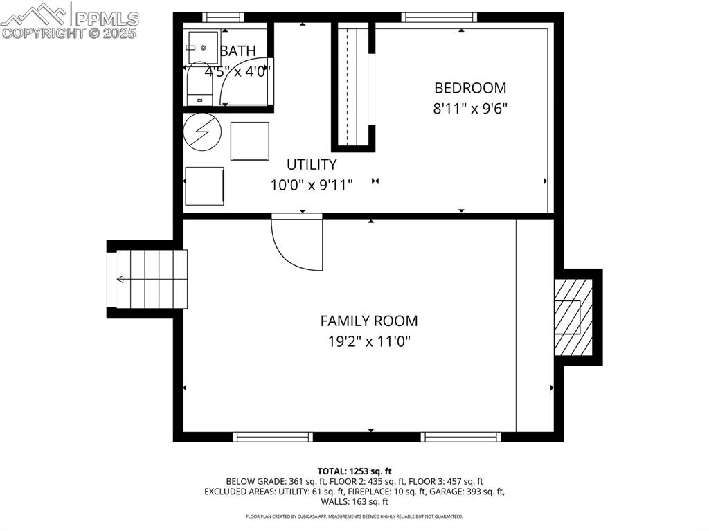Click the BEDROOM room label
[x=470, y=88]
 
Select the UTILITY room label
[x=312, y=165]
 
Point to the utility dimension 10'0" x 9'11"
[x=312, y=185]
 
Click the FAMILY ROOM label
[x=368, y=321]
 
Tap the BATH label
[x=238, y=51]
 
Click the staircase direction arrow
[x=122, y=279]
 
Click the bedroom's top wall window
[x=440, y=17]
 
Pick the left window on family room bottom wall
[x=272, y=437]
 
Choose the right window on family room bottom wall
[x=460, y=437]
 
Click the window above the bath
[x=223, y=17]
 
